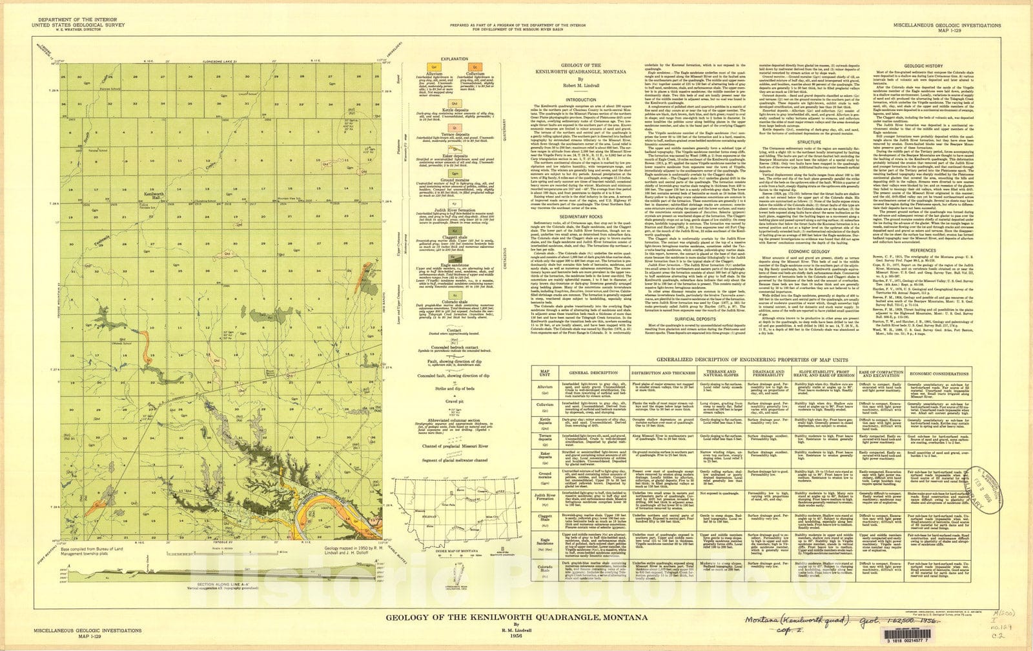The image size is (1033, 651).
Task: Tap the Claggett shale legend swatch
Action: [454, 229]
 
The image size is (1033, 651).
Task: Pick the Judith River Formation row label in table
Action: [545, 497]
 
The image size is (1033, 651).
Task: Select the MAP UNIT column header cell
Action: [545, 374]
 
